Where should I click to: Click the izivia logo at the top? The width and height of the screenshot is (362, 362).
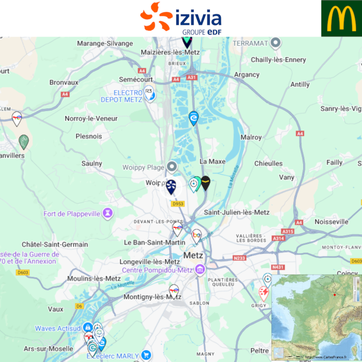181,18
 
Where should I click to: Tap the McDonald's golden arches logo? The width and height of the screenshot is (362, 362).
341,18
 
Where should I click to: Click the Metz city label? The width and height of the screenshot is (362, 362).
194,255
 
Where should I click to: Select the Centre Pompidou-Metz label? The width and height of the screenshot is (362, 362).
157,270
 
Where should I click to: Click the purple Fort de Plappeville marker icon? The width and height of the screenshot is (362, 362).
108,212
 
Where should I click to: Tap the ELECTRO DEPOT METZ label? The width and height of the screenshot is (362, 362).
121,96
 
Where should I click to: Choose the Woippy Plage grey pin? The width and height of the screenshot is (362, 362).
172,167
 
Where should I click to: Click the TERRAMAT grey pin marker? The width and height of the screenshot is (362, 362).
276,43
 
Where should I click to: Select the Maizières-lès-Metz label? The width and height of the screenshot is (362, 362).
169,52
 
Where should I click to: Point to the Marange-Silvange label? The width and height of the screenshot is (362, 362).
105,43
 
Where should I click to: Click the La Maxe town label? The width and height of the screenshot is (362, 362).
212,162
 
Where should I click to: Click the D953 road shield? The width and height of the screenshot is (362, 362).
178,204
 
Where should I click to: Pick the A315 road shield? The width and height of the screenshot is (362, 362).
288,232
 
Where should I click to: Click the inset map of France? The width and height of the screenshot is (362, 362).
316,317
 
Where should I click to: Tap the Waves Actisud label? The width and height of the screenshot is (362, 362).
58,329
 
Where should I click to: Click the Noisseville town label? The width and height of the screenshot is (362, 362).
331,222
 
